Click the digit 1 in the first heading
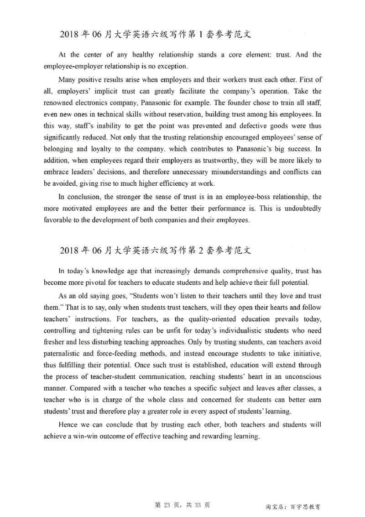click(x=199, y=35)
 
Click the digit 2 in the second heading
click(x=199, y=251)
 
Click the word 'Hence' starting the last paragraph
click(x=68, y=424)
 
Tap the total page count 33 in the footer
click(x=197, y=505)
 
